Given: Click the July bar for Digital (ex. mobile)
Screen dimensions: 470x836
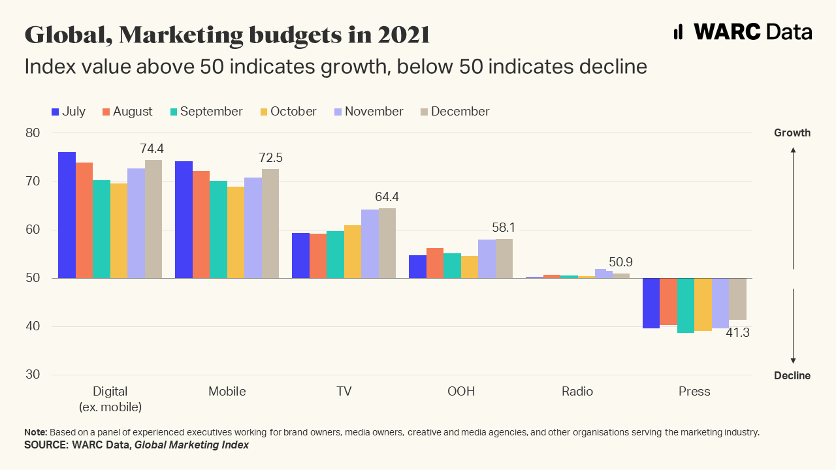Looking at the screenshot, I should pos(67,215).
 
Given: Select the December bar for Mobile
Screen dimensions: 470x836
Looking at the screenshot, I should pos(270,223).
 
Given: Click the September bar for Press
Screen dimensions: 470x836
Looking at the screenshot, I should pos(685,305).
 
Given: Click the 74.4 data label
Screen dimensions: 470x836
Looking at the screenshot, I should pos(152,149).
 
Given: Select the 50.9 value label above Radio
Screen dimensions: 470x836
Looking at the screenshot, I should pos(620,262).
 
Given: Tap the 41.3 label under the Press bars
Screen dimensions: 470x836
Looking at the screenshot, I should pos(737,333).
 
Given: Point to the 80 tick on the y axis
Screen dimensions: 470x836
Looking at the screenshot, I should pos(33,133).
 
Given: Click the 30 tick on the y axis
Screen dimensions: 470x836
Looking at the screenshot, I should pos(33,375).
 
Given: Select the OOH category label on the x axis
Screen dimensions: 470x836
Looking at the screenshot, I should pos(461,392).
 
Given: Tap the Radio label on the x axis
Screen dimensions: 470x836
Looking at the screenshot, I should pos(577,392).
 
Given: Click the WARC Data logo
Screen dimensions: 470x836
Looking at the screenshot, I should pos(743,31).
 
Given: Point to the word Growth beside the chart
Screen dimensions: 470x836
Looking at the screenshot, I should pos(792,133).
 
